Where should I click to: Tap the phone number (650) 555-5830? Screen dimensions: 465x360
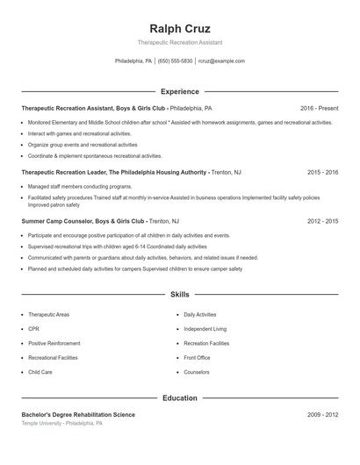pyautogui.click(x=175, y=61)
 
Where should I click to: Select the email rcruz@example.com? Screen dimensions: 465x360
pyautogui.click(x=221, y=61)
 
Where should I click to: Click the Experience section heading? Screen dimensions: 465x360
pyautogui.click(x=180, y=91)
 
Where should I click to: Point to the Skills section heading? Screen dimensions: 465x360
pyautogui.click(x=180, y=295)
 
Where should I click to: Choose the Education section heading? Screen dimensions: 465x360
pyautogui.click(x=180, y=397)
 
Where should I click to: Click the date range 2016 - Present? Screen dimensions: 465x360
pyautogui.click(x=319, y=108)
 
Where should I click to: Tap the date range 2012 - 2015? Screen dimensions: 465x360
pyautogui.click(x=322, y=222)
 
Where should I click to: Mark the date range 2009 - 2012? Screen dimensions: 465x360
pyautogui.click(x=322, y=414)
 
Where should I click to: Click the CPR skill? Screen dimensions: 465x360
pyautogui.click(x=33, y=329)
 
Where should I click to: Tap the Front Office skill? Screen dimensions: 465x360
pyautogui.click(x=197, y=358)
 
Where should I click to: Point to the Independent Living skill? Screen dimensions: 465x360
pyautogui.click(x=205, y=329)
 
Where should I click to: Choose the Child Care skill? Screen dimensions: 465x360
pyautogui.click(x=40, y=372)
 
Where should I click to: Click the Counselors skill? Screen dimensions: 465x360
pyautogui.click(x=197, y=372)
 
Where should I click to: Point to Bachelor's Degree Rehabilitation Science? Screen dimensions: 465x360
pyautogui.click(x=78, y=414)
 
